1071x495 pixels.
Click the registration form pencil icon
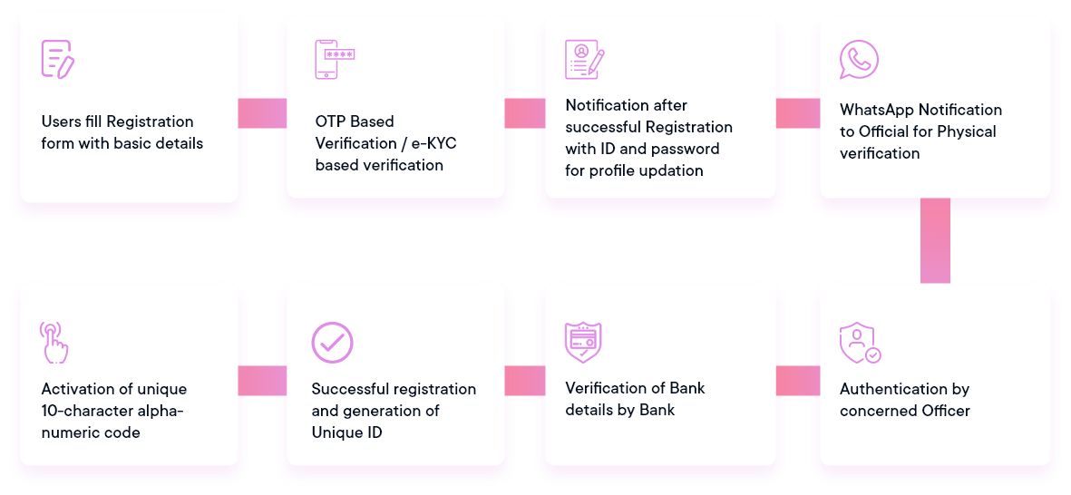point(58,59)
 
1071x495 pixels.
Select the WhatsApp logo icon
point(859,60)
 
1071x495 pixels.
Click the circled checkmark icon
point(332,343)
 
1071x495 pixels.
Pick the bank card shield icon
point(583,343)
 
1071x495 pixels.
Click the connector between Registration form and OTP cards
point(262,113)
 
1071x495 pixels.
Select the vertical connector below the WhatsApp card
point(935,240)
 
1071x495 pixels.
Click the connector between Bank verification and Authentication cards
point(798,381)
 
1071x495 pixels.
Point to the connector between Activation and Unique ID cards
point(262,381)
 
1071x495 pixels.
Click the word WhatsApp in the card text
point(873,110)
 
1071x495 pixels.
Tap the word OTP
point(330,122)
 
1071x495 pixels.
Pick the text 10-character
point(84,411)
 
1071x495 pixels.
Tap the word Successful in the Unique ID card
point(346,389)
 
